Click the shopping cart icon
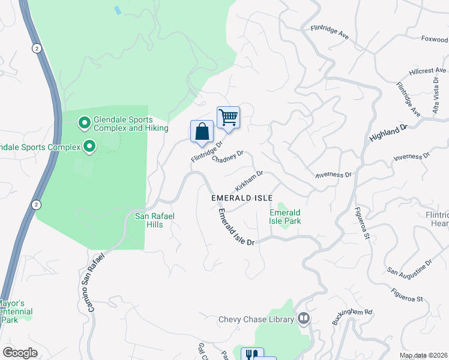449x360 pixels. pos(228,117)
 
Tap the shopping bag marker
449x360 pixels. pos(202,131)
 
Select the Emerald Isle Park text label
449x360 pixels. pos(285,217)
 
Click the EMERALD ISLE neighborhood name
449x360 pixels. pos(242,198)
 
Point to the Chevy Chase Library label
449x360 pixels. pos(256,319)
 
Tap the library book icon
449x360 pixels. pos(304,319)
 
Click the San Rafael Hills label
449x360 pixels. pos(153,220)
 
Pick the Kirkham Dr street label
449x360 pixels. pos(249,178)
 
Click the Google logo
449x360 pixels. pos(20,353)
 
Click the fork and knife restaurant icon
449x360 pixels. pos(252,355)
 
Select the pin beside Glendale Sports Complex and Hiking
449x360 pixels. pos(85,124)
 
